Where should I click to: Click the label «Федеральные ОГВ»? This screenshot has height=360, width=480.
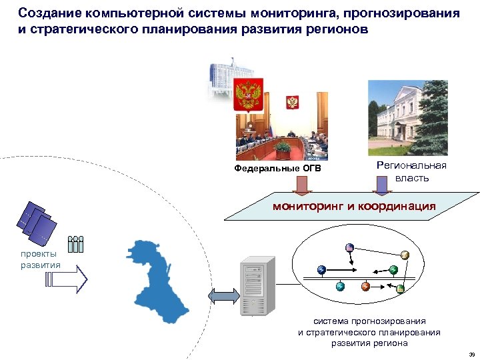pyautogui.click(x=277, y=168)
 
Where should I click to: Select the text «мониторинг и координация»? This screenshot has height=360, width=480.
pyautogui.click(x=354, y=207)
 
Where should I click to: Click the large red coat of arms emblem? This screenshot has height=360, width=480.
pyautogui.click(x=251, y=95)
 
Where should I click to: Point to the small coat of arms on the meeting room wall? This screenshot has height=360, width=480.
pyautogui.click(x=292, y=103)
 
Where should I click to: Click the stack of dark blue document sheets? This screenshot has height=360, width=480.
pyautogui.click(x=37, y=223)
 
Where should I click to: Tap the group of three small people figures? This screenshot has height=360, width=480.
pyautogui.click(x=76, y=245)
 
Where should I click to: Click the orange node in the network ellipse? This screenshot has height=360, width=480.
pyautogui.click(x=365, y=286)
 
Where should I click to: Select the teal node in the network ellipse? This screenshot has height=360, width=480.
pyautogui.click(x=340, y=286)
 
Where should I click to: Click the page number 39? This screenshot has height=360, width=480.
pyautogui.click(x=471, y=354)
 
